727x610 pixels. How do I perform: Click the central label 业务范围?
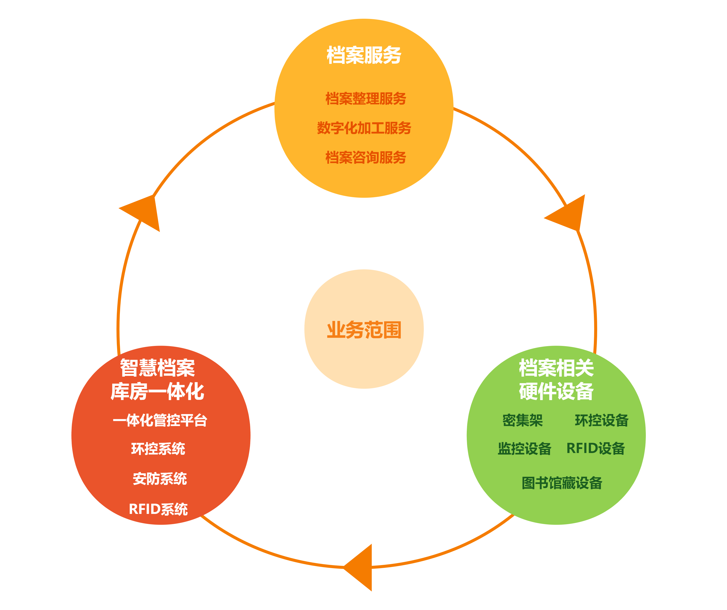click(364, 329)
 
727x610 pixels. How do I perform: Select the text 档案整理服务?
click(366, 99)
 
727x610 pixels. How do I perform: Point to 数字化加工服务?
click(364, 128)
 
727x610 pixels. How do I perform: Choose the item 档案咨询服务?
click(366, 157)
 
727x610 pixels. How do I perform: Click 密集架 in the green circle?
click(522, 420)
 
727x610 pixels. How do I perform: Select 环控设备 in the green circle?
click(601, 420)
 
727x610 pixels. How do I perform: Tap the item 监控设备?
click(524, 449)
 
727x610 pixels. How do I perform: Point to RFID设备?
click(595, 449)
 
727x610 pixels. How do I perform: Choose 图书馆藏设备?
click(562, 483)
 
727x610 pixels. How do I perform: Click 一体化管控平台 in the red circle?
click(160, 420)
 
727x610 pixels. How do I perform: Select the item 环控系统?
click(158, 449)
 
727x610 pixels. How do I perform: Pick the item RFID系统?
click(158, 509)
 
